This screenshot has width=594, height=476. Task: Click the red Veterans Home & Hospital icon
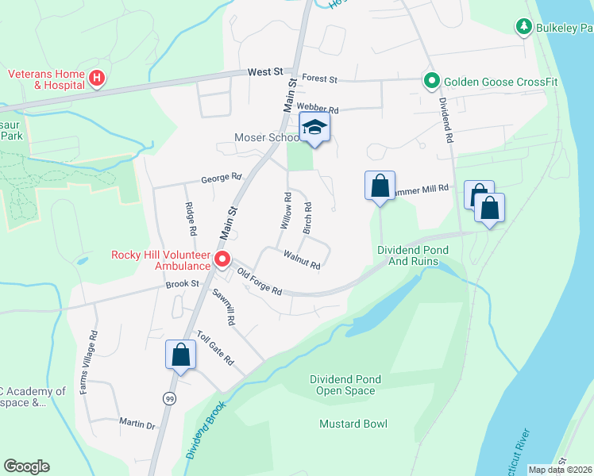(x=96, y=79)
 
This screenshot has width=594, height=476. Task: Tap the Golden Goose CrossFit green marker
(x=430, y=80)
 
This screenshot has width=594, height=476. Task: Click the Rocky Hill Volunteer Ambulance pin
(x=222, y=259)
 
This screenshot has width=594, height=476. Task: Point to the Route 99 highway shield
(x=168, y=397)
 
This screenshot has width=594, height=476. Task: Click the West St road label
(x=265, y=71)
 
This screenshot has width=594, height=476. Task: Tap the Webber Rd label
(x=317, y=109)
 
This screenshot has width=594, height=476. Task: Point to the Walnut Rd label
(x=302, y=259)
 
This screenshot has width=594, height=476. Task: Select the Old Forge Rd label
(x=260, y=282)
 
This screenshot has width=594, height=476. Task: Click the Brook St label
(x=181, y=284)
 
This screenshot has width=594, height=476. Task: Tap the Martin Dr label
(x=137, y=425)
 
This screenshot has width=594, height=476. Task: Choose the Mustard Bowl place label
(x=353, y=424)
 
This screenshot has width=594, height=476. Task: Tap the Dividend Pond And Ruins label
(x=412, y=255)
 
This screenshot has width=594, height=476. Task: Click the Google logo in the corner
(x=26, y=466)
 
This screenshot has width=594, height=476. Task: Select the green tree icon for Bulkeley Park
(x=523, y=28)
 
